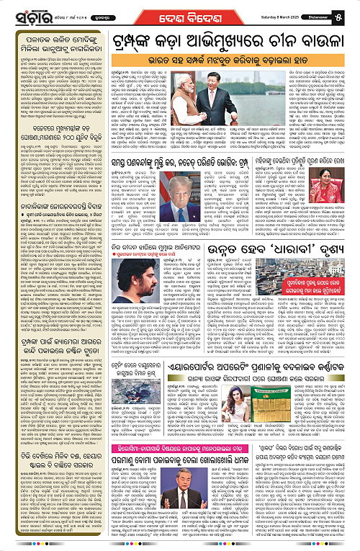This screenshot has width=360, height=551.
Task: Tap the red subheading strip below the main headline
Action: coord(230,58)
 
